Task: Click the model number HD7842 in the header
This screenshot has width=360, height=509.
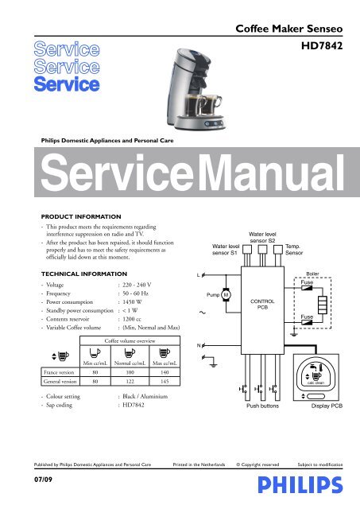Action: click(322, 45)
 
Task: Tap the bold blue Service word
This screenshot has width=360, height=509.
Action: click(67, 84)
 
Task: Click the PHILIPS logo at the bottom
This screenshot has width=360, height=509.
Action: click(300, 485)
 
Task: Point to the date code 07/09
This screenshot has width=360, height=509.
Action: click(43, 480)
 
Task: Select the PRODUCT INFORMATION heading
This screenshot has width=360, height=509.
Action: click(81, 216)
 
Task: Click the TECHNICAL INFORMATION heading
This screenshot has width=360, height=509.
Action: click(84, 274)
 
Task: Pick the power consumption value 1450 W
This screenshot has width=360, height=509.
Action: click(132, 302)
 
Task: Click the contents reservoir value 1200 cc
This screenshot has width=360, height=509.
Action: click(132, 319)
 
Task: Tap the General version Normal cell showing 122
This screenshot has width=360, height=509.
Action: click(130, 382)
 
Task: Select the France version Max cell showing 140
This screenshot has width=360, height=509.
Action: click(165, 372)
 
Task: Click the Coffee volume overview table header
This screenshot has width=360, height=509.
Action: click(130, 341)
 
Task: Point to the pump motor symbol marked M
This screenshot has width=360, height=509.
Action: click(226, 295)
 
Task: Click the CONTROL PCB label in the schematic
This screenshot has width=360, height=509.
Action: click(262, 304)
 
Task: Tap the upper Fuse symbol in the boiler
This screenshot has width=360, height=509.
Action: click(307, 288)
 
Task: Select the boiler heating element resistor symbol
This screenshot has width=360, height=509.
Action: click(322, 305)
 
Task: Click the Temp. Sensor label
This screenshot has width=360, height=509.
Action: click(294, 250)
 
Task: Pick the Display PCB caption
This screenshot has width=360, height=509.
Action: click(327, 406)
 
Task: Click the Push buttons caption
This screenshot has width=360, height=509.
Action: click(262, 406)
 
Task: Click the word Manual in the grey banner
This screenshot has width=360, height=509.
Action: click(271, 173)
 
